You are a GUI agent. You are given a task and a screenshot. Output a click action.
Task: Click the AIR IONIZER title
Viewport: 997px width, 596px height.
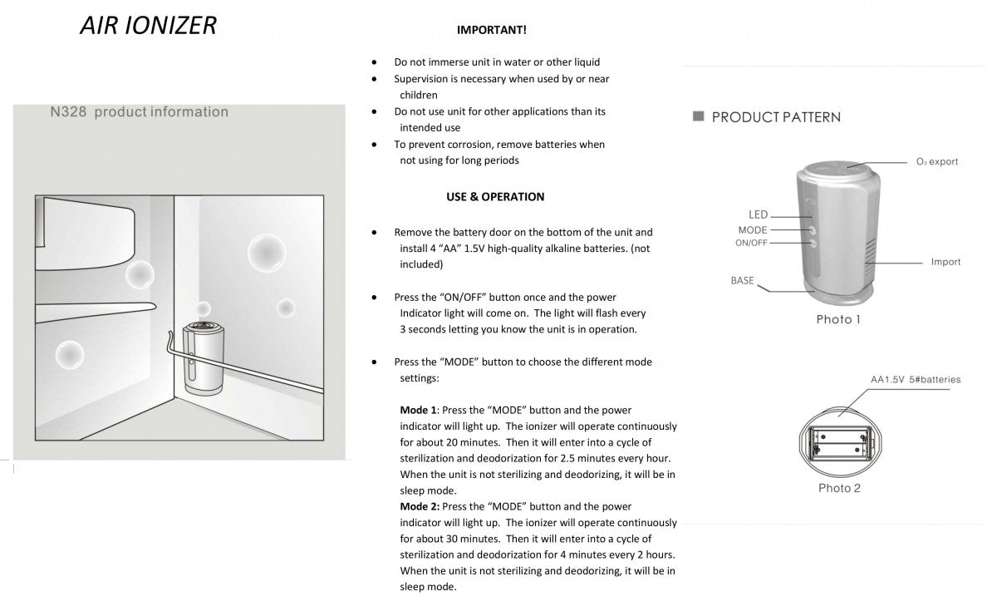tap(148, 25)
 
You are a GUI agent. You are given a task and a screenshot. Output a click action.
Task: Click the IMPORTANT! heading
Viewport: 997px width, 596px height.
tap(491, 30)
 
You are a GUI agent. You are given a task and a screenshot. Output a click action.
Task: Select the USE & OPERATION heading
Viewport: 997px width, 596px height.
tap(495, 197)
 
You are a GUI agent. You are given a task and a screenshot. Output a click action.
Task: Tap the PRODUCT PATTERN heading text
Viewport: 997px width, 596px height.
tap(776, 117)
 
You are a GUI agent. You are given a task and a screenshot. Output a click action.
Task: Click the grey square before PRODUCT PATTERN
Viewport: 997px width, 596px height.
tap(699, 116)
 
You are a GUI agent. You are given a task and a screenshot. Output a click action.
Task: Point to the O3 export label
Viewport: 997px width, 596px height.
tap(937, 162)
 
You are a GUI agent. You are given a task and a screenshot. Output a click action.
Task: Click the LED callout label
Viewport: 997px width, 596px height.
tap(757, 215)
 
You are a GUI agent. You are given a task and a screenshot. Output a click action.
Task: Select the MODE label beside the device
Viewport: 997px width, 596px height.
tap(752, 230)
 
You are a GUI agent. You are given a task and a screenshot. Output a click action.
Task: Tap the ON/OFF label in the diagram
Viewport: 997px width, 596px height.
tap(751, 243)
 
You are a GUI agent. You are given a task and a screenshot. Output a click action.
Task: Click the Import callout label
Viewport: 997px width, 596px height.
tap(945, 262)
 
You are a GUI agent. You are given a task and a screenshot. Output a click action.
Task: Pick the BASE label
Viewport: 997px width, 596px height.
tap(742, 281)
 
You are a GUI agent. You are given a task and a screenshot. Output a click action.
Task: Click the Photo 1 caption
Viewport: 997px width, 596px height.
tap(838, 320)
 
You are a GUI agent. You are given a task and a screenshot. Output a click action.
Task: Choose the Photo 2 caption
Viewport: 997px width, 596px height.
tap(839, 488)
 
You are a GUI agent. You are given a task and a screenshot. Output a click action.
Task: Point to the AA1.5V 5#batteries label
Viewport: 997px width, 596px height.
tap(916, 380)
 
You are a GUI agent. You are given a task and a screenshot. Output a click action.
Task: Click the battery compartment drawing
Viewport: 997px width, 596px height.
tap(838, 439)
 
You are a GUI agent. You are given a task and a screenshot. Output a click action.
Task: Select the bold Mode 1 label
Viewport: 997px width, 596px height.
tap(418, 411)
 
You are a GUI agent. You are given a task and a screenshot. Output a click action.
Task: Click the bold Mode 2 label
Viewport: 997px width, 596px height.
tap(418, 507)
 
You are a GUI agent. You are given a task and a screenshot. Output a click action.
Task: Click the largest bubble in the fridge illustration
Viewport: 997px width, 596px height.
tap(267, 250)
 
